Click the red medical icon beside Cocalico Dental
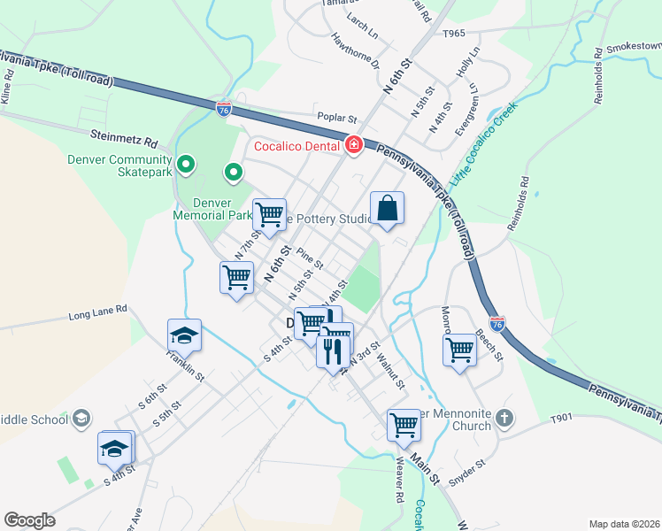coord(353,145)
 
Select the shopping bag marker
coord(387,210)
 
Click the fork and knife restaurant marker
coord(333,350)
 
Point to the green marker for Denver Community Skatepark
coord(186,164)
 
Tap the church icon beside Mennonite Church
coord(504,417)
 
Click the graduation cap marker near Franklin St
coord(184,335)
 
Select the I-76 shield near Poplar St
coord(224,108)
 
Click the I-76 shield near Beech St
coord(497,325)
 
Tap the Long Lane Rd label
coord(97,312)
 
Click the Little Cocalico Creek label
coord(482,146)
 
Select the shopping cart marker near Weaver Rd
coord(404,425)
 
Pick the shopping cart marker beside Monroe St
coord(459,350)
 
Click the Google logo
coord(30,519)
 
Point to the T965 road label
coord(453,34)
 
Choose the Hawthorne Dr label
coord(355,52)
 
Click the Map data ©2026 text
coord(624,523)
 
